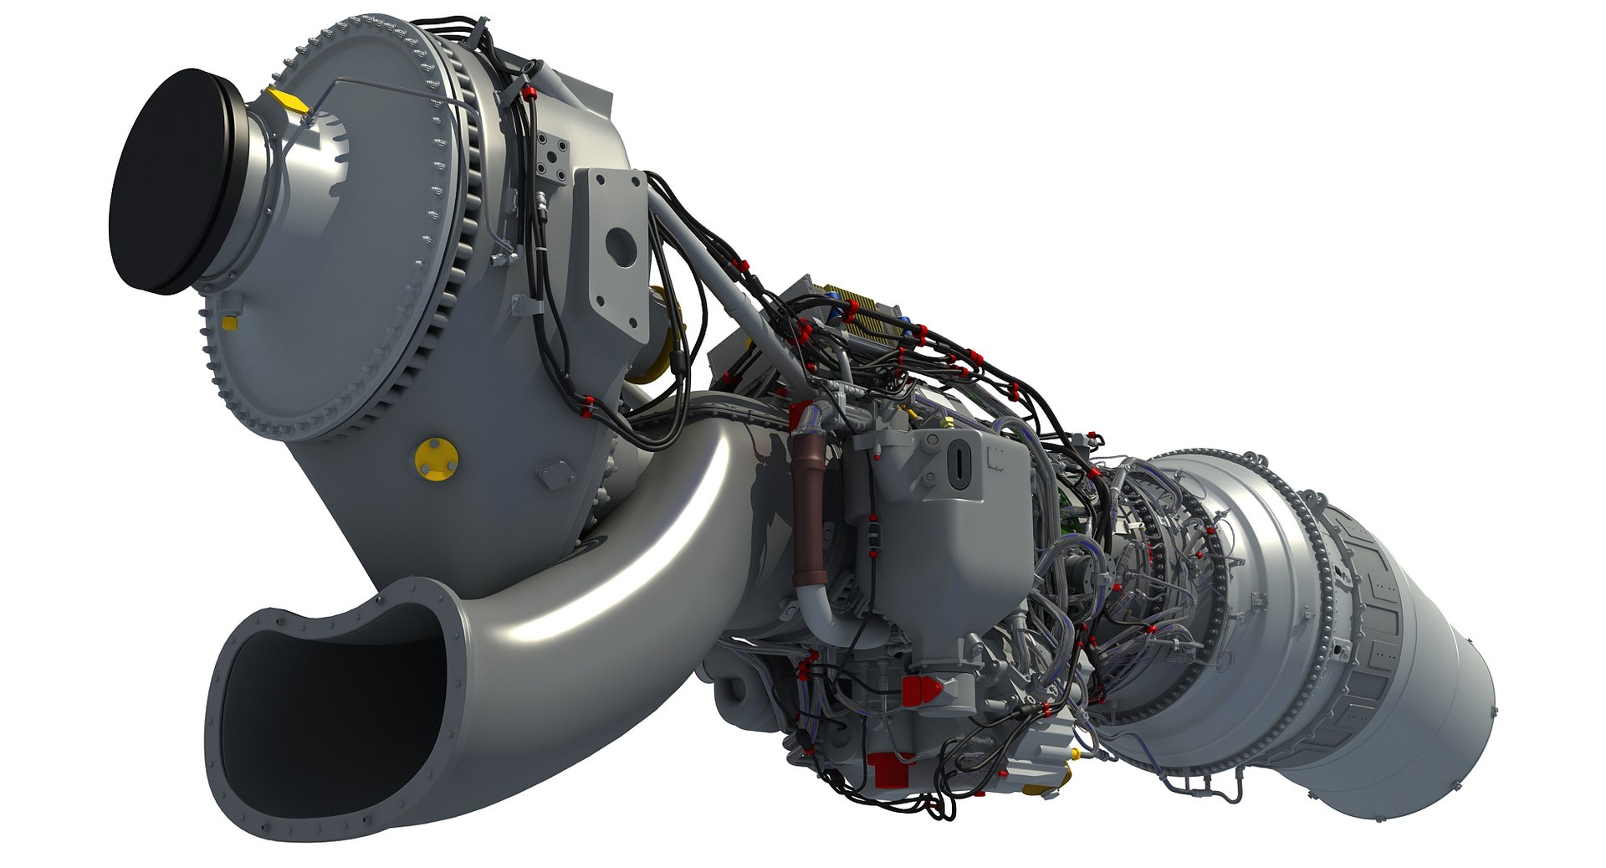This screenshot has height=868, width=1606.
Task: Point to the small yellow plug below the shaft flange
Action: click(228, 320)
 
